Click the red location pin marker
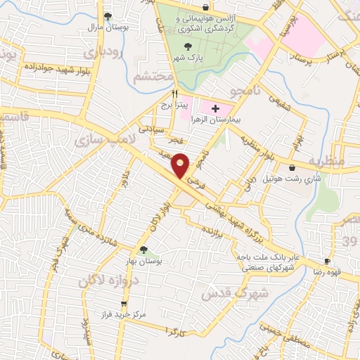(x=181, y=167)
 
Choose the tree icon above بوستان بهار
(x=143, y=250)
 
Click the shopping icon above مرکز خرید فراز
(x=124, y=304)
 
